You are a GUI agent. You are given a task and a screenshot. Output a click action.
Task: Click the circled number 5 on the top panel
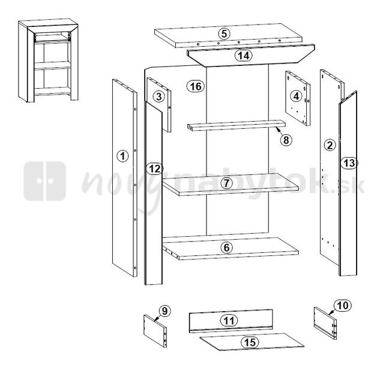click(x=225, y=34)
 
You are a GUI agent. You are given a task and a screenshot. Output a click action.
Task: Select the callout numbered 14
click(x=244, y=56)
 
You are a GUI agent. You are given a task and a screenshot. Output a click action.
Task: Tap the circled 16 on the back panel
click(x=196, y=86)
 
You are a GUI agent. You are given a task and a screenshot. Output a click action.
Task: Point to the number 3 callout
click(x=158, y=96)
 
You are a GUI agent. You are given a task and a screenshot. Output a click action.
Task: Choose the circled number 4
click(x=296, y=96)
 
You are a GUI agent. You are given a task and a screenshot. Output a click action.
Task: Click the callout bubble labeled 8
click(x=286, y=140)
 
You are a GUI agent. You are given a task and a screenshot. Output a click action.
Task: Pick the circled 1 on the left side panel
click(x=122, y=156)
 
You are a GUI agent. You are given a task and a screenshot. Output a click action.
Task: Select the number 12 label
click(x=155, y=168)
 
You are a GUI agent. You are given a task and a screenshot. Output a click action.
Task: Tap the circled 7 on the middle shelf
click(x=226, y=183)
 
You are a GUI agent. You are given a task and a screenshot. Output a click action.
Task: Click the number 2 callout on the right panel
click(x=330, y=145)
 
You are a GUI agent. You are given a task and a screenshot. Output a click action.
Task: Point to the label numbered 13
click(x=349, y=162)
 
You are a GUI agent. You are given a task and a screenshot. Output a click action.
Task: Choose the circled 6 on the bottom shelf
click(x=226, y=248)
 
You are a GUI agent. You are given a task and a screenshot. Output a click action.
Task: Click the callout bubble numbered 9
click(x=165, y=311)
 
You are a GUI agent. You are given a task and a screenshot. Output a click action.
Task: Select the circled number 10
click(x=343, y=305)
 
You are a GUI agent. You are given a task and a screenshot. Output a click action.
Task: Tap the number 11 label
click(x=229, y=321)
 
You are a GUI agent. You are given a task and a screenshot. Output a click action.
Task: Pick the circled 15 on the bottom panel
click(x=250, y=342)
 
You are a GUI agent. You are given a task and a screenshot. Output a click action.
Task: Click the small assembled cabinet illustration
click(x=48, y=61)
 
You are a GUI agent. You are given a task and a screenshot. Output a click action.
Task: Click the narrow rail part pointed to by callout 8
click(x=236, y=125)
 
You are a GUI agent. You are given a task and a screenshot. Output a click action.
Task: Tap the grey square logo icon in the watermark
click(x=45, y=181)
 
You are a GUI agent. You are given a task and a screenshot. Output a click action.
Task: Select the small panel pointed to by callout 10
click(x=325, y=323)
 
